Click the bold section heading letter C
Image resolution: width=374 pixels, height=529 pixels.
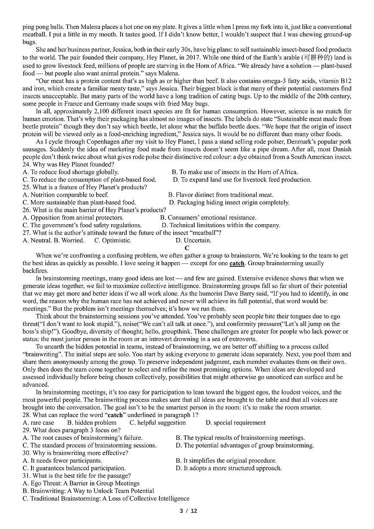click(187, 248)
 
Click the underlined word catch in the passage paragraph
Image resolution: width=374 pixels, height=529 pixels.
click(237, 263)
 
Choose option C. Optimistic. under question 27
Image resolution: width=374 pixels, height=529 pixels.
click(113, 241)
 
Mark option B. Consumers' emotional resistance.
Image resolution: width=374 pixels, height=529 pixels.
click(208, 218)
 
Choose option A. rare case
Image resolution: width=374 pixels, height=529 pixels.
click(38, 423)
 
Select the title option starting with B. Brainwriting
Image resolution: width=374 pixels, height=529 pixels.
click(88, 491)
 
